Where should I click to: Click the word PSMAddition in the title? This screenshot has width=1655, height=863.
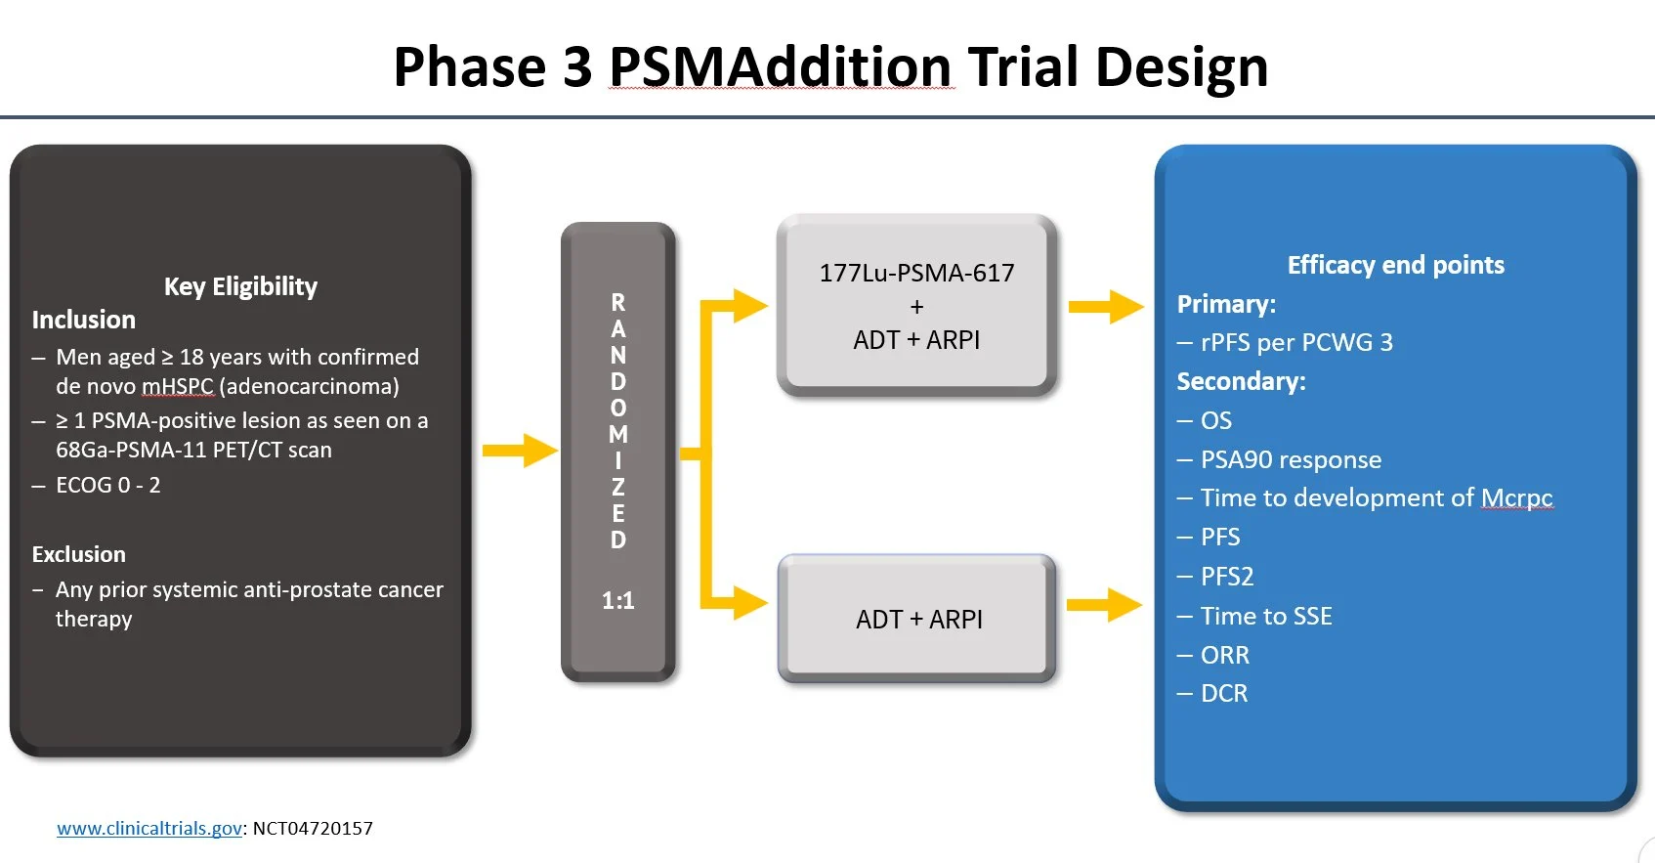pyautogui.click(x=781, y=66)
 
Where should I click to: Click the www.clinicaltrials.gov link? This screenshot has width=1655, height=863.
pyautogui.click(x=149, y=828)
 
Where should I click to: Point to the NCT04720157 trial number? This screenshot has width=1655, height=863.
pyautogui.click(x=313, y=828)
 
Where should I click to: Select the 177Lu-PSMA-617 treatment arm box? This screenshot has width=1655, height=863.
pyautogui.click(x=917, y=305)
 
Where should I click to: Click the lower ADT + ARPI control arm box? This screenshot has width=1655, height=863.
pyautogui.click(x=917, y=619)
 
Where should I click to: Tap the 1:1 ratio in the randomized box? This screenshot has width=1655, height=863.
pyautogui.click(x=617, y=601)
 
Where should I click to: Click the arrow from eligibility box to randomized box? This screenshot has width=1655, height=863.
pyautogui.click(x=520, y=450)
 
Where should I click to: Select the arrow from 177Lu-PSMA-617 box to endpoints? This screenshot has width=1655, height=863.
pyautogui.click(x=1106, y=306)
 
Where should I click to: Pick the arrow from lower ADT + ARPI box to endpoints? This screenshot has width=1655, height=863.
pyautogui.click(x=1105, y=605)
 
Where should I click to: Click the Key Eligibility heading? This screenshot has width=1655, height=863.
pyautogui.click(x=241, y=286)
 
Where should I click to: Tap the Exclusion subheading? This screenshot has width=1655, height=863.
pyautogui.click(x=78, y=554)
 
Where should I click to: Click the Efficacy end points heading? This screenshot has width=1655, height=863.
pyautogui.click(x=1396, y=265)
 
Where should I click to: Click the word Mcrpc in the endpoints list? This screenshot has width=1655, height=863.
pyautogui.click(x=1517, y=498)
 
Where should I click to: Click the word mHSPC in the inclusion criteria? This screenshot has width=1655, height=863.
pyautogui.click(x=178, y=386)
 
